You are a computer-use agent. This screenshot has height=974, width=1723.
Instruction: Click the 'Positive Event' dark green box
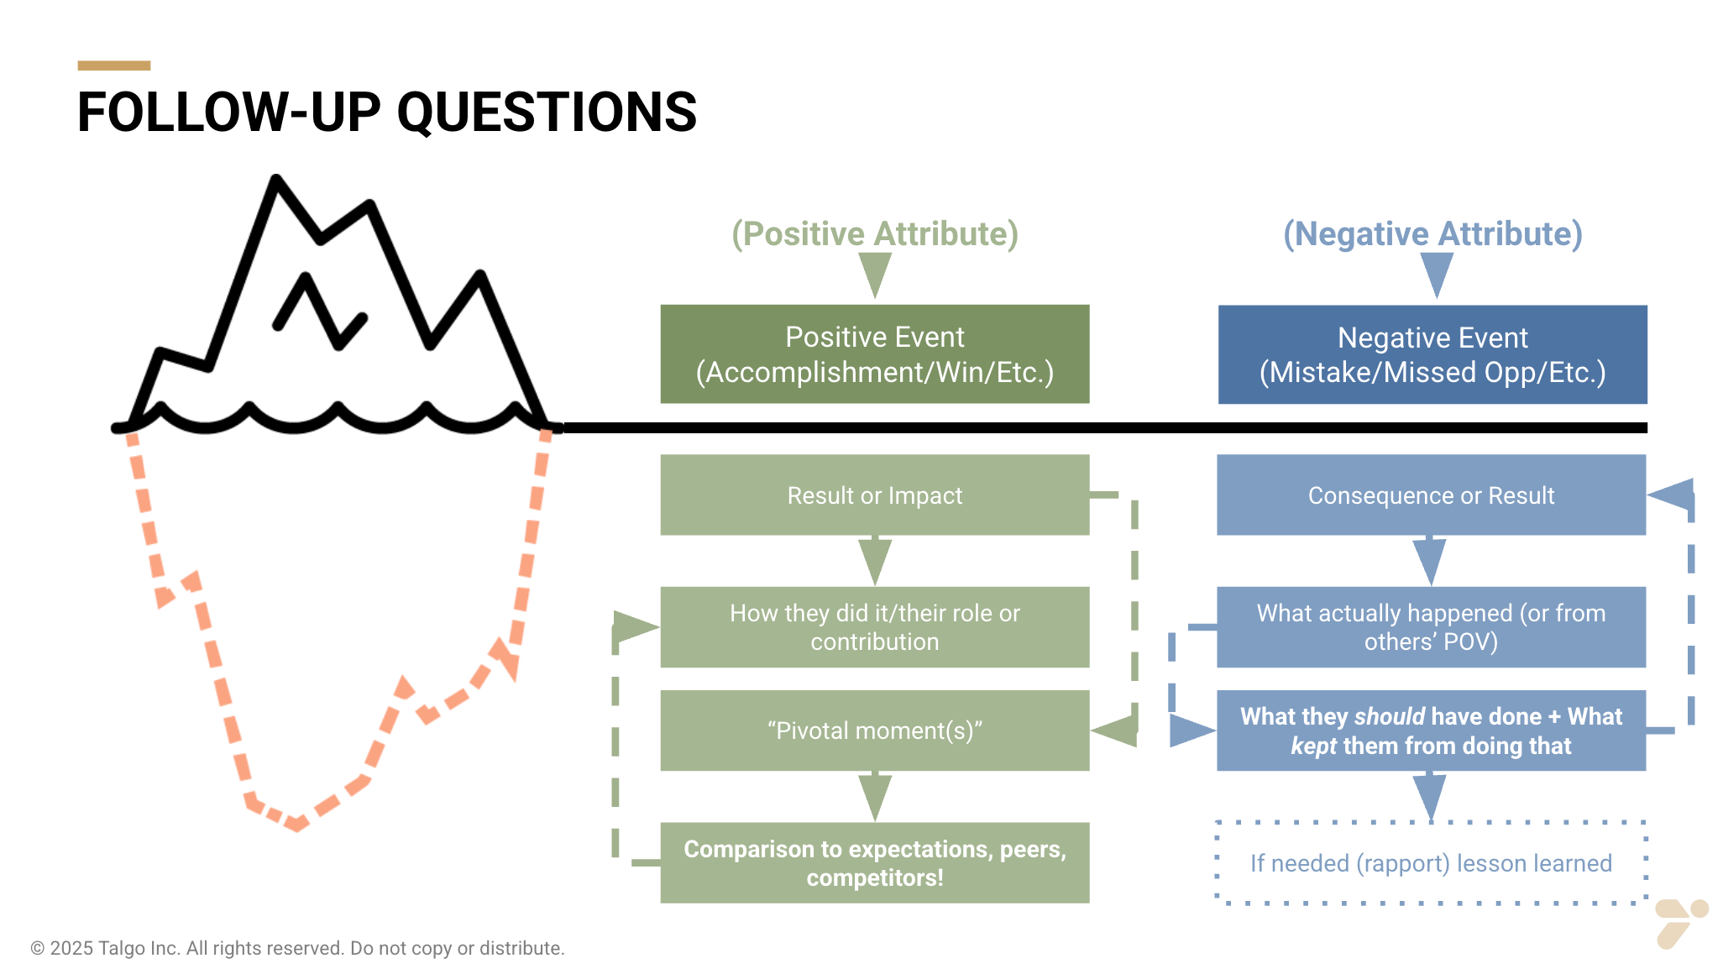[874, 353]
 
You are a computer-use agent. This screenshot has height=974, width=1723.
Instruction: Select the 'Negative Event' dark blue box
[1432, 354]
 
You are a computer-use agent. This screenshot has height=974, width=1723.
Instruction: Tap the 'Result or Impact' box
[874, 495]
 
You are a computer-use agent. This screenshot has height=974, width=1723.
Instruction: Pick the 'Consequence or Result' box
[1430, 495]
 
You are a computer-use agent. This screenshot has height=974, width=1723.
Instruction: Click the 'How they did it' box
[874, 626]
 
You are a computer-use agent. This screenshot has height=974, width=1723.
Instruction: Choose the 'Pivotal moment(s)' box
[874, 730]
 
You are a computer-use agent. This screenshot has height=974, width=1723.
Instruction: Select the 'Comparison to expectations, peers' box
[874, 862]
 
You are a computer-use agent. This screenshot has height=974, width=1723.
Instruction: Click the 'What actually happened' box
[1430, 626]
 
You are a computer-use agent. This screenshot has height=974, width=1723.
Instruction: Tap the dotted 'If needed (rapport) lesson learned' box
[1430, 862]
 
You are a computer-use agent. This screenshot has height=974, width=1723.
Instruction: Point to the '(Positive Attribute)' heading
[874, 233]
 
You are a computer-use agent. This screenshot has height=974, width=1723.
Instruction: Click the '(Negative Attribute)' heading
[1432, 233]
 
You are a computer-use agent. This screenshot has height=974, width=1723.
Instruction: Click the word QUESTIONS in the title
[546, 113]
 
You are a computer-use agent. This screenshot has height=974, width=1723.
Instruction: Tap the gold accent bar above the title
[113, 65]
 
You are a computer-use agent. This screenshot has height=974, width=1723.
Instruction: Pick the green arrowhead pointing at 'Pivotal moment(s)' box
[1115, 730]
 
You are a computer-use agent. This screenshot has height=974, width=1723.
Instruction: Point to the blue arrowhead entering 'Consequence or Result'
[1672, 495]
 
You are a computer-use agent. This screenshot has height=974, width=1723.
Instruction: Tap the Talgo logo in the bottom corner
[1680, 922]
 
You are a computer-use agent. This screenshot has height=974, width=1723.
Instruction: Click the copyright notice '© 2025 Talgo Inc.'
[297, 948]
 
